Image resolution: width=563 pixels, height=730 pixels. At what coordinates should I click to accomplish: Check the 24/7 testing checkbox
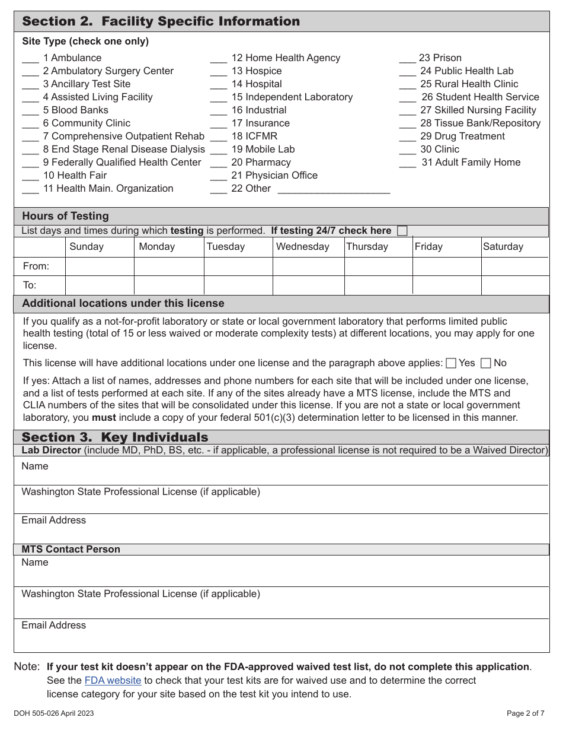[x=402, y=231]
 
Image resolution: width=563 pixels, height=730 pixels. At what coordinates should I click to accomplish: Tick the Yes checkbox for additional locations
[x=451, y=363]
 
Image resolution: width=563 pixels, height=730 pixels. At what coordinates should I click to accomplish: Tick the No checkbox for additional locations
[x=486, y=363]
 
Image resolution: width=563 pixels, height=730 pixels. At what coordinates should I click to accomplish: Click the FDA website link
[x=113, y=681]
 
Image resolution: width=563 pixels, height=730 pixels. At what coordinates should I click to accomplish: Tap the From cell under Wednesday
[x=308, y=266]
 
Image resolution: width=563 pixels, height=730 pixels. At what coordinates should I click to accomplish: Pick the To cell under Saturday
[x=514, y=285]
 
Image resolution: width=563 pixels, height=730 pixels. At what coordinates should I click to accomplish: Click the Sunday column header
[x=87, y=247]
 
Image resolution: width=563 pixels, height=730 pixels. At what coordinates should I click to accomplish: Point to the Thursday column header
[x=367, y=247]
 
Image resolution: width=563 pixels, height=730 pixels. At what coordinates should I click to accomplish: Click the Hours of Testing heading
[x=65, y=216]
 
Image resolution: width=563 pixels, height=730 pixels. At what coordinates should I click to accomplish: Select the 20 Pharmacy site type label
[x=261, y=163]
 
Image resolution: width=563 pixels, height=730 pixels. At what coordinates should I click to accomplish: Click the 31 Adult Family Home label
[x=471, y=163]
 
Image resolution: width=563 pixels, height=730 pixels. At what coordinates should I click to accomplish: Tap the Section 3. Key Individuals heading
[x=115, y=437]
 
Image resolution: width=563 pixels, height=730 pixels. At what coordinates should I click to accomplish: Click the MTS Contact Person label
[x=71, y=550]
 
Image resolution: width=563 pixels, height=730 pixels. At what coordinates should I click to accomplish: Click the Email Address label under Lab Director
[x=53, y=520]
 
